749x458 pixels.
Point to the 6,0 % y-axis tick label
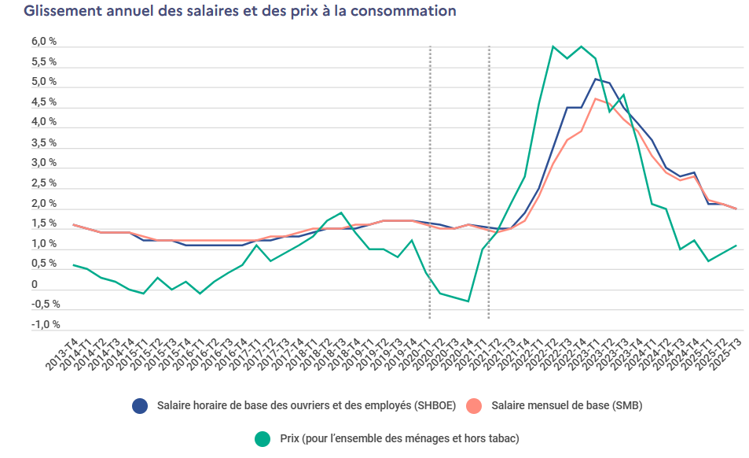[x=43, y=41]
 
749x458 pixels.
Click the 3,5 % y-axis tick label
[x=43, y=142]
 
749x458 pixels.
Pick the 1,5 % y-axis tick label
[x=43, y=223]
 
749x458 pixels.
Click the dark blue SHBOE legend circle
[x=141, y=405]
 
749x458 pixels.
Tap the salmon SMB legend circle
[x=474, y=405]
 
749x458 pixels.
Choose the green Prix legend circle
[x=263, y=438]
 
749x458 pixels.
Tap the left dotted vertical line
[x=430, y=181]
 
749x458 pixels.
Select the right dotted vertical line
[x=489, y=181]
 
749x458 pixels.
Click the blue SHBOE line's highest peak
[x=595, y=79]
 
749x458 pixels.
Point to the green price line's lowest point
[x=468, y=301]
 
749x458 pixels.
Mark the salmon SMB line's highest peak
[x=595, y=98]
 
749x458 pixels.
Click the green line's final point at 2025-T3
[x=736, y=246]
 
